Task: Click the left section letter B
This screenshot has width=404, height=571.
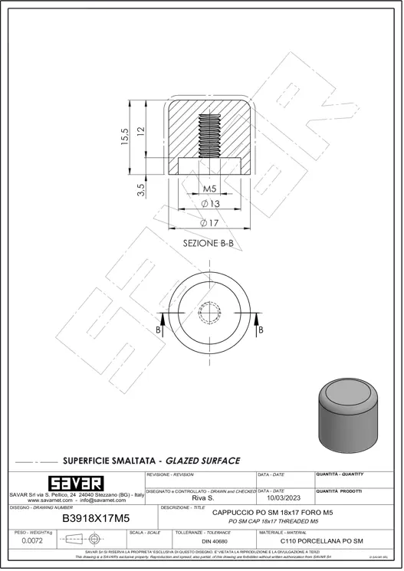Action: (159, 330)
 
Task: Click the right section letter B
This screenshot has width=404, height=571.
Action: (261, 330)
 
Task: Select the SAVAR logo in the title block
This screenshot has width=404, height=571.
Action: (76, 484)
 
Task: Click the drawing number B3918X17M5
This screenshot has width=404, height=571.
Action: (95, 518)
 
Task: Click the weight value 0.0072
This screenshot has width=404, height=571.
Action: (32, 541)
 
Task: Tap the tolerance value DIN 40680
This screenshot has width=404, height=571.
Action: (214, 542)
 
